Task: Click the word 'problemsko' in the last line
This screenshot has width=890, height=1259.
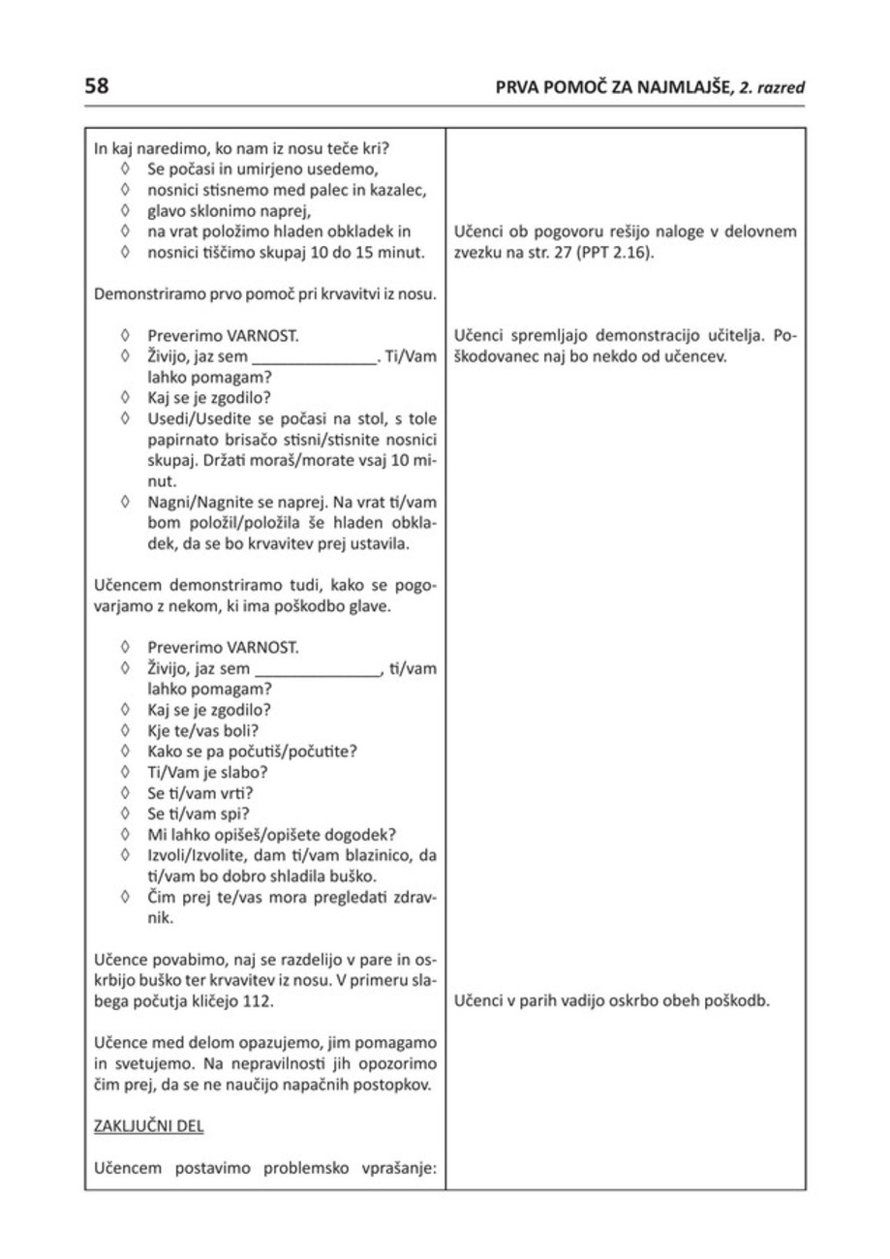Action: point(305,1169)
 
